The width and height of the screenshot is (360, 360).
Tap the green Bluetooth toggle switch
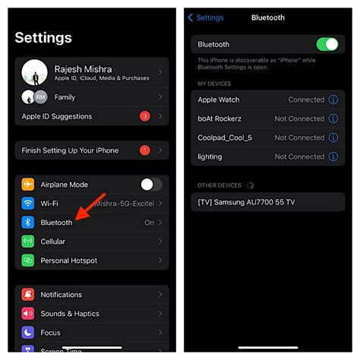coord(327,45)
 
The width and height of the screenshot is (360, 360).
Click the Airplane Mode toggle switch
coord(151,185)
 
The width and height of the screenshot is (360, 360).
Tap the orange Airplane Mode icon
coord(28,185)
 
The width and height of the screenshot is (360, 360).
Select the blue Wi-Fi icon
coord(28,204)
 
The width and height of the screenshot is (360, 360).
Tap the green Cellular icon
coord(28,242)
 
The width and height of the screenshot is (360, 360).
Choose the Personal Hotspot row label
coord(69,261)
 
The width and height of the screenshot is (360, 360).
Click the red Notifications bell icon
coord(28,295)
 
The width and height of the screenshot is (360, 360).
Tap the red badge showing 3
coord(144,117)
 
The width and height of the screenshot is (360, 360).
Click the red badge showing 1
coord(144,150)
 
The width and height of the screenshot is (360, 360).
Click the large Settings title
coord(43,38)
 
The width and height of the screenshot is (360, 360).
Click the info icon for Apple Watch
coord(332,99)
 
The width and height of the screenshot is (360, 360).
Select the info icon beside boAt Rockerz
coord(332,118)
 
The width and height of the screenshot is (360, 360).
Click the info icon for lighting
coord(332,156)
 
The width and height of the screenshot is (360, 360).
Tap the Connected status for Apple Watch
coord(306,99)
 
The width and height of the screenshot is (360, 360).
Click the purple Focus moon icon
coord(28,333)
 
